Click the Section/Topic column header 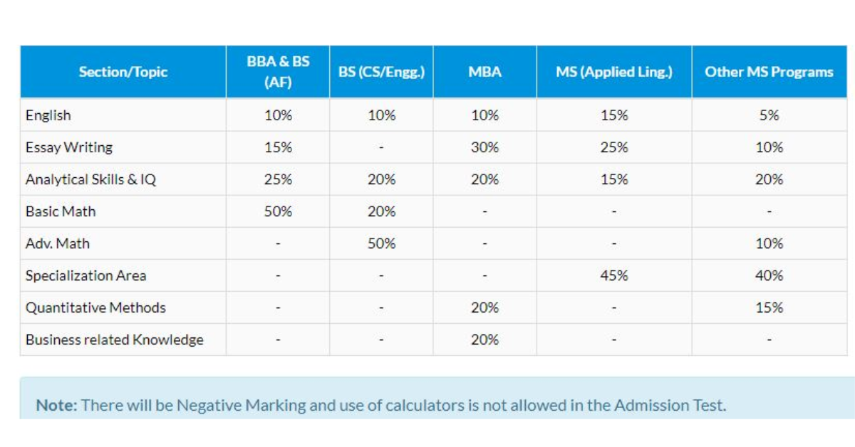(123, 72)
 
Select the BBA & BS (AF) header (278, 72)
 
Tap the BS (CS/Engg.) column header (381, 72)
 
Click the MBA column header (484, 72)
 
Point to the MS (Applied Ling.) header (613, 72)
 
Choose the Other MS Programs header (769, 72)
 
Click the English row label (48, 115)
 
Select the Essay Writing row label (69, 147)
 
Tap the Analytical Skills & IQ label (90, 179)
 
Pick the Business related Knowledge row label (115, 340)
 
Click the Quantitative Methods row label (95, 307)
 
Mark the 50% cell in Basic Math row (278, 211)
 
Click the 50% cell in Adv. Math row (381, 243)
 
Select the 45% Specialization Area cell (613, 275)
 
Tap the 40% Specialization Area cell (769, 275)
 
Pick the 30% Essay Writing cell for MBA (484, 147)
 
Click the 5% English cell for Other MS (769, 115)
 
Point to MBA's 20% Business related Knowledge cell (484, 340)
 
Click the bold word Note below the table (56, 406)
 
